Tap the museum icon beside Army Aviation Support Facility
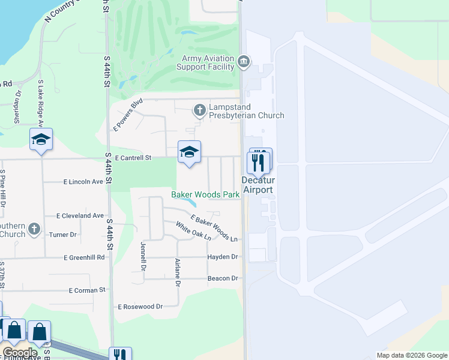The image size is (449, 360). coord(244,61)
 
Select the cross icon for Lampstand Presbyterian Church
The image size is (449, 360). coord(199,110)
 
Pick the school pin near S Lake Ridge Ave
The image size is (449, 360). coord(41,140)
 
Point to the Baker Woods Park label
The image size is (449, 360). coord(205,194)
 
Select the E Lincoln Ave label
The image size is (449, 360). coord(83,181)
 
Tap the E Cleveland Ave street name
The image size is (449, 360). coord(80,215)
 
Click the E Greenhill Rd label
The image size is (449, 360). coord(84,257)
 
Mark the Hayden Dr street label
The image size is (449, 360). coord(223,257)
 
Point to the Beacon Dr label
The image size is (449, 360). coord(223,278)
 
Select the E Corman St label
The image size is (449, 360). coord(87,290)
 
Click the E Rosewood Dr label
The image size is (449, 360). coord(140,307)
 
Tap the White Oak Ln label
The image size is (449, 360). coord(193,231)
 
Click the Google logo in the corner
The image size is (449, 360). coord(19,353)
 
